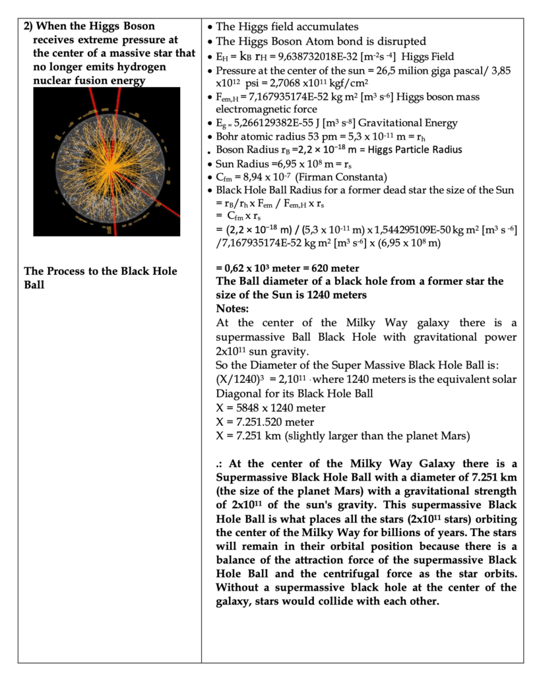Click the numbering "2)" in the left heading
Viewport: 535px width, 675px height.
[x=28, y=26]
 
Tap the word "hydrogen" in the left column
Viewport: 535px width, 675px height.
[x=144, y=67]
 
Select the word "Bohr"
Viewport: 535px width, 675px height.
[x=229, y=136]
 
